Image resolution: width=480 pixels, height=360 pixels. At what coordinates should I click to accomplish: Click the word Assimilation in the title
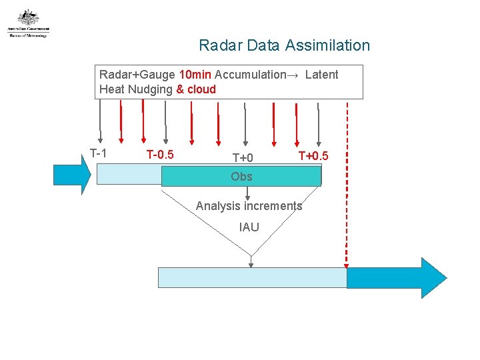(x=327, y=46)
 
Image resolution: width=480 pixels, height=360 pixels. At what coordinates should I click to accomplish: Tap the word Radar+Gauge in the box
(x=137, y=75)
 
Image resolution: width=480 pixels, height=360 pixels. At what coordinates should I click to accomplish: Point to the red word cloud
(x=201, y=89)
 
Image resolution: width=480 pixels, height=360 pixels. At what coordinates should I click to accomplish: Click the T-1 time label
(x=98, y=153)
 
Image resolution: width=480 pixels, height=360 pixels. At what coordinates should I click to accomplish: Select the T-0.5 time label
(x=160, y=155)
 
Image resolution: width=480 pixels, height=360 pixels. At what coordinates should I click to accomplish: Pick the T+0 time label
(x=243, y=158)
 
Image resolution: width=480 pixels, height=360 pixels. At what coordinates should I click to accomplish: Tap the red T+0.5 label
(x=313, y=156)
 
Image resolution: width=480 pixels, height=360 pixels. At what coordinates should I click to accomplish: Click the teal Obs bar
(x=241, y=177)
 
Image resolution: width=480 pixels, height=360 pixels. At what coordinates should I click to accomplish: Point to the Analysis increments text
(x=249, y=206)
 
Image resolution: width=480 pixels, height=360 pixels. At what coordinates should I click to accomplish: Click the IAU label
(x=249, y=227)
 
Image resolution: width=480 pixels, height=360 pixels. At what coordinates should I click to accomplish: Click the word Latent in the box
(x=322, y=75)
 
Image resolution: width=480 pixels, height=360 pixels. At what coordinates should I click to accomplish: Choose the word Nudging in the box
(x=148, y=89)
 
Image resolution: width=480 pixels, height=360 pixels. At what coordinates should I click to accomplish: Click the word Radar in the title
(x=221, y=46)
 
